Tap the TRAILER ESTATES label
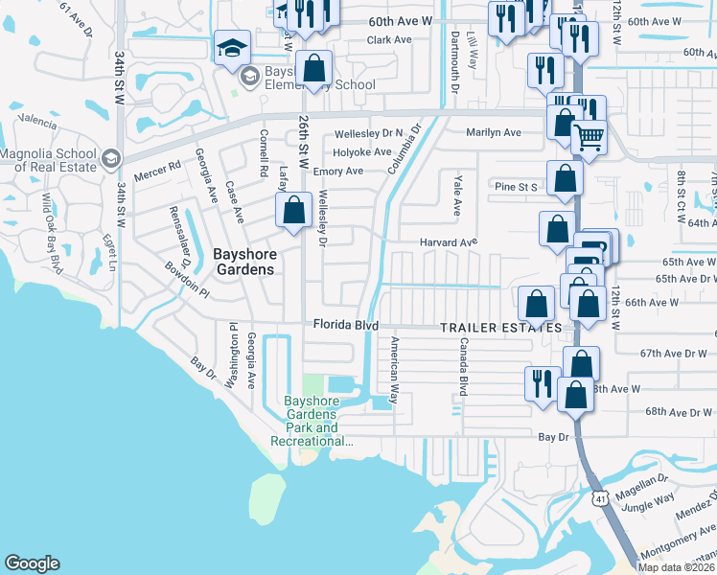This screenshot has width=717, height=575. [500, 328]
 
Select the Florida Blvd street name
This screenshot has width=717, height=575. [353, 326]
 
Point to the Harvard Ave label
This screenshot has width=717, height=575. [448, 242]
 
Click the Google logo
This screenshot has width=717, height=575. [32, 563]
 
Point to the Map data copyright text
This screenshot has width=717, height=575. [677, 567]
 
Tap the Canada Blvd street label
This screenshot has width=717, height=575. [462, 366]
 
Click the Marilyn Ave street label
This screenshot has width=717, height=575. [493, 133]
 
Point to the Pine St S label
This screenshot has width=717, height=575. [516, 186]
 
